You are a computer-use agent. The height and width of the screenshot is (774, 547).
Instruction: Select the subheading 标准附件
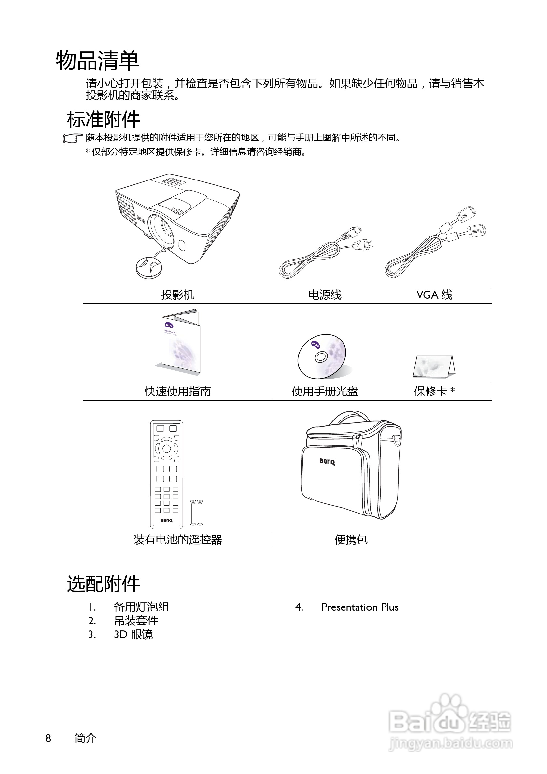[x=103, y=119]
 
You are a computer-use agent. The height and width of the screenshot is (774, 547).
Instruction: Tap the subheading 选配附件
[x=103, y=583]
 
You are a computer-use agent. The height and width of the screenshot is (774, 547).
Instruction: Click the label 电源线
[x=325, y=295]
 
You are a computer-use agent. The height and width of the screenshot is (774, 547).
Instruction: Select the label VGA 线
[x=434, y=295]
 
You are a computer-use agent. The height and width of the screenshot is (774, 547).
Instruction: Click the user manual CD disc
[x=322, y=356]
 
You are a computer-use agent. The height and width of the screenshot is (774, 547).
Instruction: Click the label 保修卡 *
[x=434, y=391]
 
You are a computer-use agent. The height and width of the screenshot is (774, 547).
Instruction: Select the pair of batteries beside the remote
[x=196, y=512]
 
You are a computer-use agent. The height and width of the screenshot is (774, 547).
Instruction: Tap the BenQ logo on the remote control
[x=166, y=520]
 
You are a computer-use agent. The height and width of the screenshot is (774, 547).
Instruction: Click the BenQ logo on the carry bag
[x=327, y=461]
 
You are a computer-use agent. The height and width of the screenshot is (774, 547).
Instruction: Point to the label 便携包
[x=351, y=540]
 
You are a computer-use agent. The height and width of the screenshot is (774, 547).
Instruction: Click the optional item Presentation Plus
[x=360, y=607]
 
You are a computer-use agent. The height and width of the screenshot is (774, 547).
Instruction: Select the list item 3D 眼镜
[x=133, y=634]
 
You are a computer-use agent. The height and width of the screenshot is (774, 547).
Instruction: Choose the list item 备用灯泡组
[x=141, y=607]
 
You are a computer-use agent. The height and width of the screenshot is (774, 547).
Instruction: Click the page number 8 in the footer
[x=48, y=738]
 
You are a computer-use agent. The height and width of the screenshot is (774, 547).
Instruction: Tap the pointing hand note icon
[x=72, y=139]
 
